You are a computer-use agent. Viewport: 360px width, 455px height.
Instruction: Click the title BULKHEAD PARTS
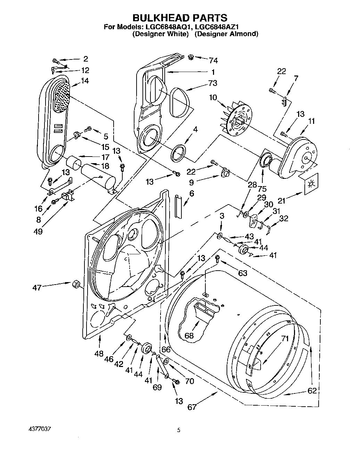pyautogui.click(x=180, y=18)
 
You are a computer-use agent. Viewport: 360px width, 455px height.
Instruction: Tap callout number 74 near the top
pyautogui.click(x=213, y=61)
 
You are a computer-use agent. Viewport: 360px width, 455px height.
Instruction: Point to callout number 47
pyautogui.click(x=37, y=287)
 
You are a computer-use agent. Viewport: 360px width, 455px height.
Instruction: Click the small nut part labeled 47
pyautogui.click(x=75, y=285)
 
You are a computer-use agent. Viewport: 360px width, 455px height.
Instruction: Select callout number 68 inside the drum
pyautogui.click(x=189, y=336)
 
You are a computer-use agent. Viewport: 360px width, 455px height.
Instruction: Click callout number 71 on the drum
pyautogui.click(x=285, y=338)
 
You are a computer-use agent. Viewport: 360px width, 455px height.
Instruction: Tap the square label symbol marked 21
pyautogui.click(x=311, y=183)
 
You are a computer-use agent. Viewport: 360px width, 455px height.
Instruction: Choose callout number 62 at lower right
pyautogui.click(x=312, y=390)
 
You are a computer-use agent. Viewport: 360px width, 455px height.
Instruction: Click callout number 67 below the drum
pyautogui.click(x=192, y=407)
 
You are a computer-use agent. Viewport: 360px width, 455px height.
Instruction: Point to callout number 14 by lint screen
pyautogui.click(x=84, y=81)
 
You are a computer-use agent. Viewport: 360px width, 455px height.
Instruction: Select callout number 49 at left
pyautogui.click(x=38, y=231)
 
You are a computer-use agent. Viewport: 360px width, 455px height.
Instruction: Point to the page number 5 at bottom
pyautogui.click(x=179, y=430)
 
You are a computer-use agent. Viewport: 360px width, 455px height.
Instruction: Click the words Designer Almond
pyautogui.click(x=226, y=34)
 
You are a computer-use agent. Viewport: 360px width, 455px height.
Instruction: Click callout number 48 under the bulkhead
pyautogui.click(x=99, y=353)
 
